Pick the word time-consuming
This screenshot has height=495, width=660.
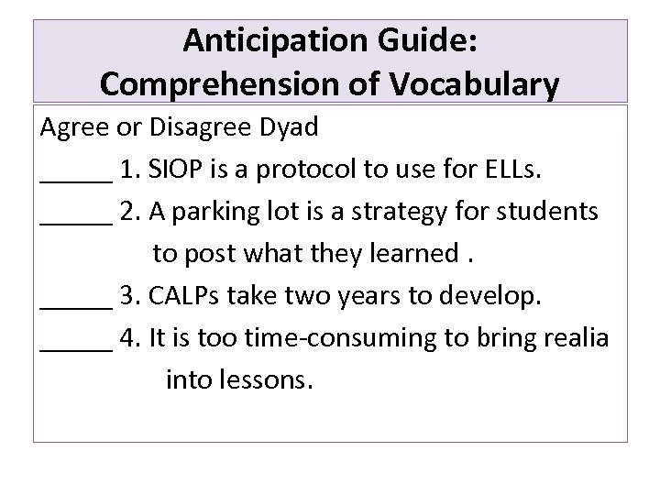click(344, 337)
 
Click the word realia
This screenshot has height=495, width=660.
click(574, 337)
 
